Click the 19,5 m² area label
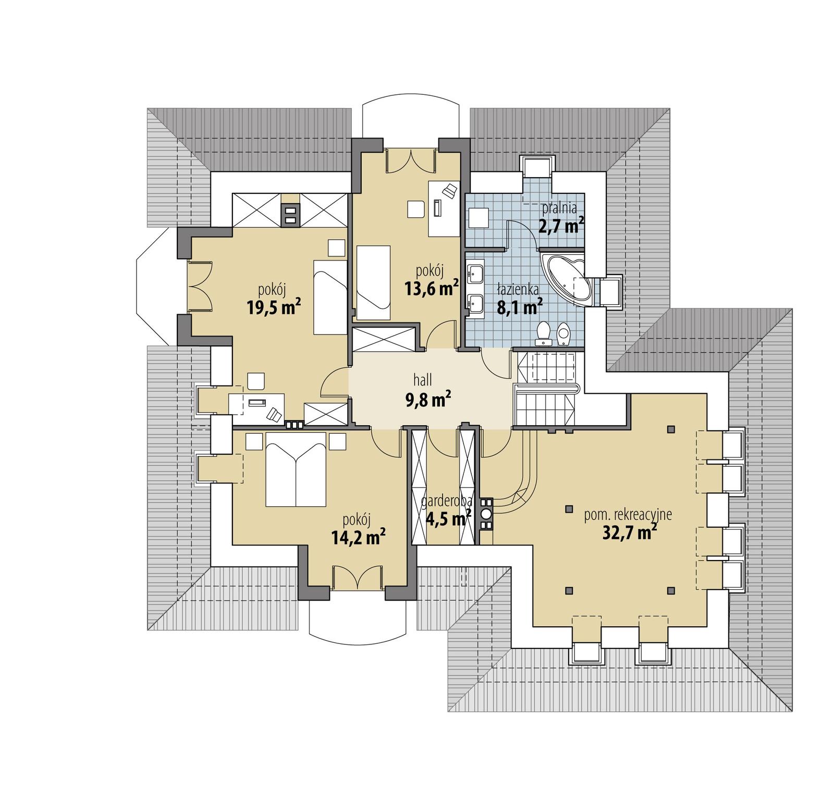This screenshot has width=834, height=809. (x=274, y=307)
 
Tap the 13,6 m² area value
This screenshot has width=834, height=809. (x=432, y=287)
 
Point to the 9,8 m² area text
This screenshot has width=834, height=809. (x=427, y=400)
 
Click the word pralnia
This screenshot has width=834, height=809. (x=559, y=208)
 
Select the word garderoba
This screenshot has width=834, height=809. (x=447, y=501)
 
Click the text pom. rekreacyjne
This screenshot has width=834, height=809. (x=628, y=515)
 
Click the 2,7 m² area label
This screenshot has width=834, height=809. (x=560, y=227)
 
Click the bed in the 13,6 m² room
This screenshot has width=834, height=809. (x=373, y=282)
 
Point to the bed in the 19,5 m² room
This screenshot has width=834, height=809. (x=330, y=297)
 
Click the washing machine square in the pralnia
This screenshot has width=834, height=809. (x=479, y=218)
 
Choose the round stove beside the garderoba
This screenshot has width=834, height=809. (x=486, y=514)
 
